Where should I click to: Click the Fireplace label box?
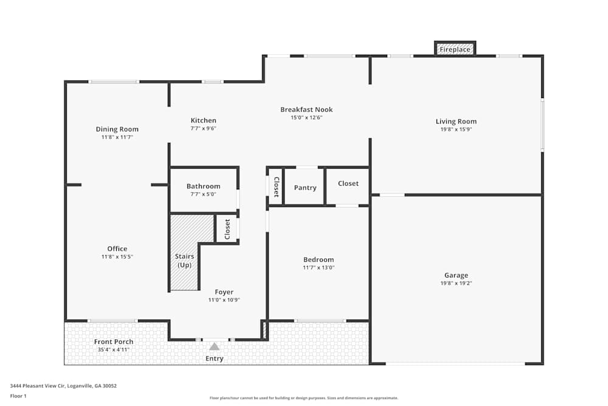coord(455,49)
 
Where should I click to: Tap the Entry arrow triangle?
coord(215,346)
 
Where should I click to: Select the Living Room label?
coord(456,122)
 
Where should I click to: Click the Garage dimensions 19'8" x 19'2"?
coord(456,283)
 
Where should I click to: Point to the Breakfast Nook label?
coord(306,110)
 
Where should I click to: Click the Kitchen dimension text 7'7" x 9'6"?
coord(203,128)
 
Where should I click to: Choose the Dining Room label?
coord(117,129)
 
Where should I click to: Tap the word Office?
coord(117,249)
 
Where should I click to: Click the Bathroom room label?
coord(203,186)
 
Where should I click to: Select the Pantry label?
coord(305,188)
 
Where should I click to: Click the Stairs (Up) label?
coord(184,261)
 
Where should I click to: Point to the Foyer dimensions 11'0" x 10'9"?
coord(224,300)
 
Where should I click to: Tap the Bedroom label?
coord(319,260)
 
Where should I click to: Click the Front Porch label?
coord(114,341)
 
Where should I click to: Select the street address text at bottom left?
coord(63,386)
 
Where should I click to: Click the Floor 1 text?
coord(18,396)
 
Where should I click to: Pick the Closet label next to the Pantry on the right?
coord(348,184)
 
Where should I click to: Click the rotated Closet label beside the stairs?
coord(227,229)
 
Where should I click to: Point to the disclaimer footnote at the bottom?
coord(303,398)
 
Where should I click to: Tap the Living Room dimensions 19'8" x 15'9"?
coord(456,130)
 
